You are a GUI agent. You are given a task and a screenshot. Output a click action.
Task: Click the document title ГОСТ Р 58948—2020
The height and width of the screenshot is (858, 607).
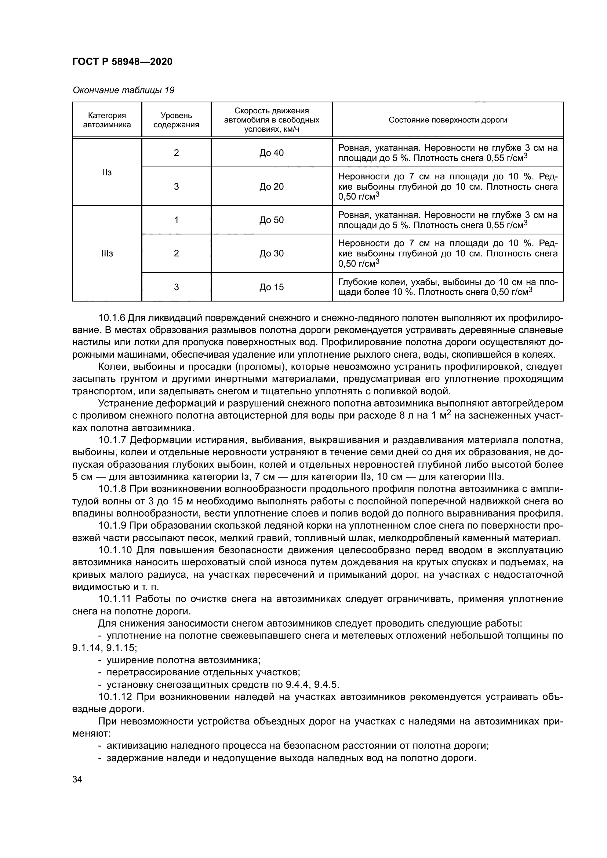click(x=122, y=62)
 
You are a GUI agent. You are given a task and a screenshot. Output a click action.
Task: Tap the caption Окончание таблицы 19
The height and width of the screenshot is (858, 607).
click(x=123, y=90)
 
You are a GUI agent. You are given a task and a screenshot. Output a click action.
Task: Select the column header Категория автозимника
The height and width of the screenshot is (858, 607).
click(x=107, y=120)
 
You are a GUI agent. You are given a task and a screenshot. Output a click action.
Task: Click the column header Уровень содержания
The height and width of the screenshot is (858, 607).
click(x=176, y=120)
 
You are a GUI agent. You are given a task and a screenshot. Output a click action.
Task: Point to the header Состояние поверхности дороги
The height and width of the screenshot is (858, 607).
click(x=448, y=120)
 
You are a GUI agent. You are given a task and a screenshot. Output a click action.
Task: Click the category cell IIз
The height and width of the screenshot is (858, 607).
click(x=107, y=172)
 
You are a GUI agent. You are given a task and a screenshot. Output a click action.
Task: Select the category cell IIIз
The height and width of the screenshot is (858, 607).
click(x=107, y=253)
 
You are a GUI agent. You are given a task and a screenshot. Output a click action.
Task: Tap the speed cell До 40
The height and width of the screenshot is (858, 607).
click(x=271, y=153)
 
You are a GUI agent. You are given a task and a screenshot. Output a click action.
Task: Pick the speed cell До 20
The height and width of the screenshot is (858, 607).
click(x=271, y=186)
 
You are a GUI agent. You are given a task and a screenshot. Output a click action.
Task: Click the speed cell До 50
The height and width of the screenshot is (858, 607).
click(x=271, y=220)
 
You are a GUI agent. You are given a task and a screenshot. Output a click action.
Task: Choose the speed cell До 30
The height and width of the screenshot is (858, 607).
click(x=271, y=253)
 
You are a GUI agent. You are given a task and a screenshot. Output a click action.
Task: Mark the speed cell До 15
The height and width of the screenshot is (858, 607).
click(x=271, y=287)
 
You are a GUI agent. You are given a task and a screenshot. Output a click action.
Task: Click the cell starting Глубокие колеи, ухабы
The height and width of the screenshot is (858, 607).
click(x=447, y=286)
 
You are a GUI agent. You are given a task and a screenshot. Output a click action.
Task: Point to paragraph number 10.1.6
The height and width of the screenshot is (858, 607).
click(x=112, y=318)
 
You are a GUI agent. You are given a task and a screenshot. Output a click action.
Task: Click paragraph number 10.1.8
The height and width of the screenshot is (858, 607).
click(x=112, y=489)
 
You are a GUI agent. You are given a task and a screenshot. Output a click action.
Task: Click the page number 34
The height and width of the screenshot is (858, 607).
click(x=77, y=779)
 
